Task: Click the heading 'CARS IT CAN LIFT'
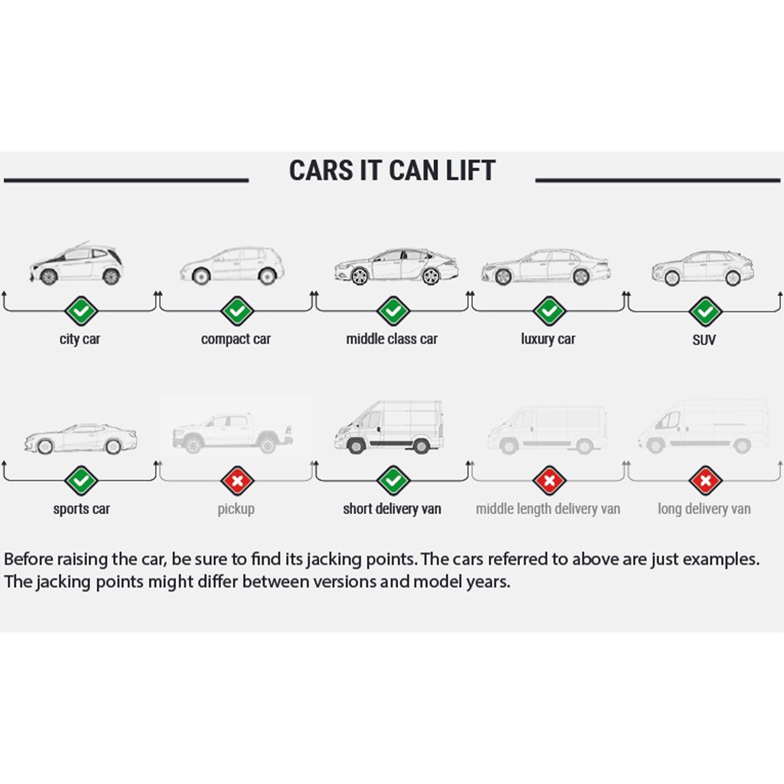[392, 171]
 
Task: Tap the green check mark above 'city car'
[81, 311]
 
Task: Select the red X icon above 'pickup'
[237, 480]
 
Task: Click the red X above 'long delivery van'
[705, 480]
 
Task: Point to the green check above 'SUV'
[705, 311]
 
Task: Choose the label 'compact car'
[236, 339]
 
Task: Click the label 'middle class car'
[391, 339]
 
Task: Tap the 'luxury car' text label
[548, 339]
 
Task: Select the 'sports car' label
[82, 509]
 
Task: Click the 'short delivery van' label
[392, 509]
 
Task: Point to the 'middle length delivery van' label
[548, 509]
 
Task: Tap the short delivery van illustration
[389, 426]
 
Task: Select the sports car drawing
[80, 438]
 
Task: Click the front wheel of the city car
[49, 276]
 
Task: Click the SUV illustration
[703, 268]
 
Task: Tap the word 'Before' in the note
[28, 559]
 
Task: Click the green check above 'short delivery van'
[393, 480]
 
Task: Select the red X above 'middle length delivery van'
[549, 480]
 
